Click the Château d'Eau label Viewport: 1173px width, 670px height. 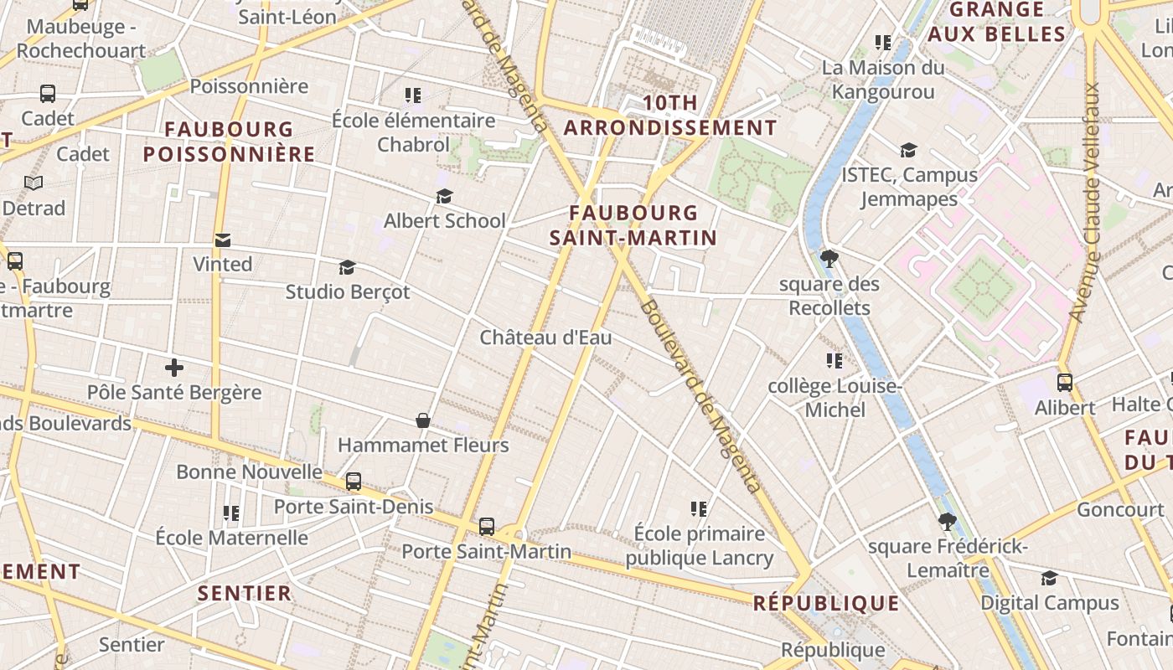545,338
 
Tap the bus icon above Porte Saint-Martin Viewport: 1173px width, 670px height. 487,527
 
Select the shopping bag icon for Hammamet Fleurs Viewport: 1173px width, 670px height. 423,420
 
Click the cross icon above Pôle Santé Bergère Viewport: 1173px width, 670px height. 174,368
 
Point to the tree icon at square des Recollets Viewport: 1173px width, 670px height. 829,258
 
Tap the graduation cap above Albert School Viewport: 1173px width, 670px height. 444,196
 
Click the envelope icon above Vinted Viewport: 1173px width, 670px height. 222,240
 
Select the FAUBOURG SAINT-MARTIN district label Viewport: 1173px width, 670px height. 633,225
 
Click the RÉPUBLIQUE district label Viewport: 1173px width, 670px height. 826,603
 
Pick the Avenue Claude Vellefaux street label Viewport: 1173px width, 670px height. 1091,201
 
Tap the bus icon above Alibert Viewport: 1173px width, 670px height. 1065,383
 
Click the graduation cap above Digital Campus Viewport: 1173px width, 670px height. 1049,578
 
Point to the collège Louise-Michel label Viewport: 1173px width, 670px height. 835,398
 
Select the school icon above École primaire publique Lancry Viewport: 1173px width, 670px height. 699,508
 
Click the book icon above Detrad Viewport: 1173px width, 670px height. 34,183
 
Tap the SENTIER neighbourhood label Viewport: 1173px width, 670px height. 245,593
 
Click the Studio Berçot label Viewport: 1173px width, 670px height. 348,292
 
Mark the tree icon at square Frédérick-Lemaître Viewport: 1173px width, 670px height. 948,522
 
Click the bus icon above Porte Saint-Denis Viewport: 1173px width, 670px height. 354,482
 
